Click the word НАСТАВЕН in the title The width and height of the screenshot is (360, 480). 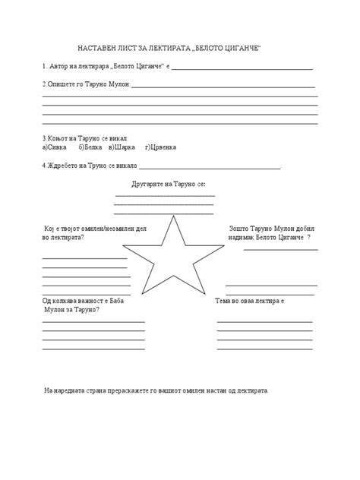pos(98,48)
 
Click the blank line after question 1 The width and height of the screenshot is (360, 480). pos(244,68)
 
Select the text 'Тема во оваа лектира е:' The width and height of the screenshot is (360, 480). pos(250,302)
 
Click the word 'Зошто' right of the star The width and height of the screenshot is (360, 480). pos(238,229)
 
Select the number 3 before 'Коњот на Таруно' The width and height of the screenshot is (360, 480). pos(45,138)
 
